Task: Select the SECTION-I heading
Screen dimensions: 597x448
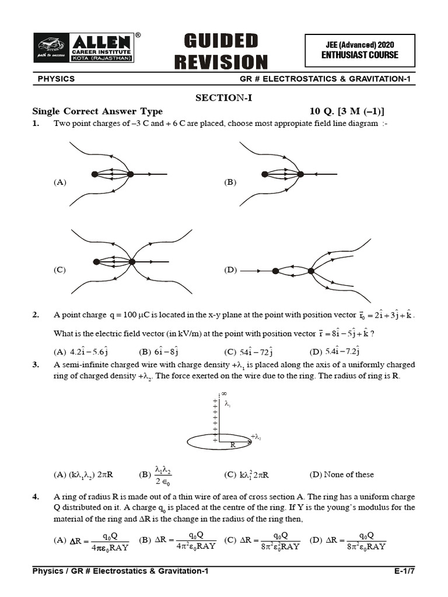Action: pyautogui.click(x=224, y=98)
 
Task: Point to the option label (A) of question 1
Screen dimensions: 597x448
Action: pyautogui.click(x=60, y=182)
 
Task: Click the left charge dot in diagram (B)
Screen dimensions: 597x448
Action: pyautogui.click(x=265, y=174)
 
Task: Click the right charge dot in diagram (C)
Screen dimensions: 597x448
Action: pyautogui.click(x=132, y=262)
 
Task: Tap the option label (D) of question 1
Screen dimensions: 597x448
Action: pyautogui.click(x=230, y=270)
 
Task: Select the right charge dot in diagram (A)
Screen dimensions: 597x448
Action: pyautogui.click(x=131, y=174)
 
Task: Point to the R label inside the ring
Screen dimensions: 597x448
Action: pyautogui.click(x=232, y=444)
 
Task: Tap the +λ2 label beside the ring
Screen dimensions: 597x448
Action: pyautogui.click(x=256, y=436)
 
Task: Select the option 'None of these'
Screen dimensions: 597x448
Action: pyautogui.click(x=342, y=474)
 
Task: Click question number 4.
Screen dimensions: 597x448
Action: pyautogui.click(x=36, y=497)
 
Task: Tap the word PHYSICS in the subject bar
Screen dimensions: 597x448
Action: pyautogui.click(x=56, y=79)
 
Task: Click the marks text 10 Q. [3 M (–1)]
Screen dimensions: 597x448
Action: pyautogui.click(x=347, y=111)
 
